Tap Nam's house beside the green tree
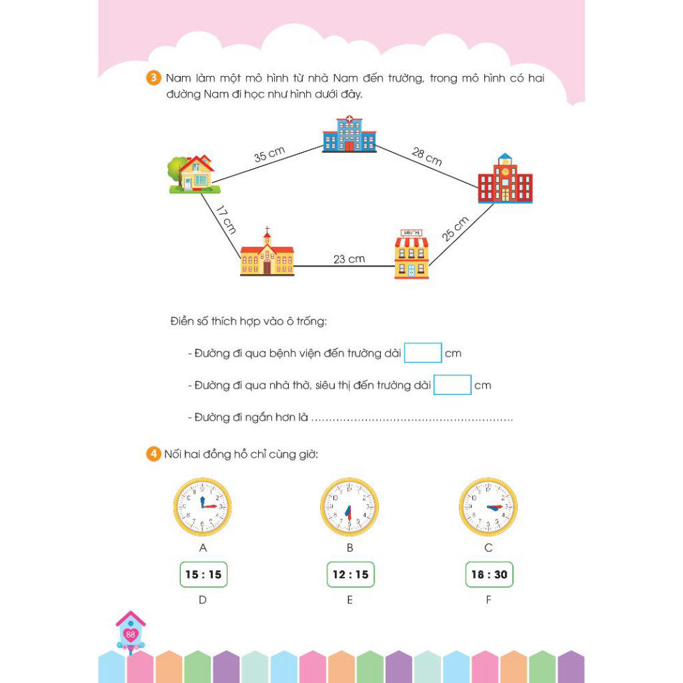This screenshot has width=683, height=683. click(x=194, y=174)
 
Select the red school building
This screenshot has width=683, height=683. click(x=505, y=178)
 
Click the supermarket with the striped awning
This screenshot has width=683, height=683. click(x=412, y=255)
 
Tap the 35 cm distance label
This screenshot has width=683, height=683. click(x=269, y=155)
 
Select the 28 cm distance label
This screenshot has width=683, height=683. click(x=427, y=157)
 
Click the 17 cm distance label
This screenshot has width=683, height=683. click(x=226, y=220)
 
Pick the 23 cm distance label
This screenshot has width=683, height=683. click(x=349, y=259)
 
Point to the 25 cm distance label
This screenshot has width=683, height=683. click(x=455, y=228)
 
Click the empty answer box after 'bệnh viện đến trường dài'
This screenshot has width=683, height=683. click(x=423, y=353)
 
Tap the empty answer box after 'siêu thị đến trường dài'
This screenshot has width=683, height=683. click(x=452, y=385)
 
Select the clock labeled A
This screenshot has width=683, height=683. click(x=202, y=506)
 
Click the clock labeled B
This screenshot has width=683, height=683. click(x=350, y=506)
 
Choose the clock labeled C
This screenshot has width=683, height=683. click(x=488, y=506)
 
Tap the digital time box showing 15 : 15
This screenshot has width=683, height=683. click(x=204, y=575)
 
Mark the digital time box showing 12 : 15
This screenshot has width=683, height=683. click(x=351, y=575)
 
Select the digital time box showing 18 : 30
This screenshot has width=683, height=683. click(x=489, y=575)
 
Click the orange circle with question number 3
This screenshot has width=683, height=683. click(x=153, y=78)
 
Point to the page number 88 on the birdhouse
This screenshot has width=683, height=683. click(x=130, y=635)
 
